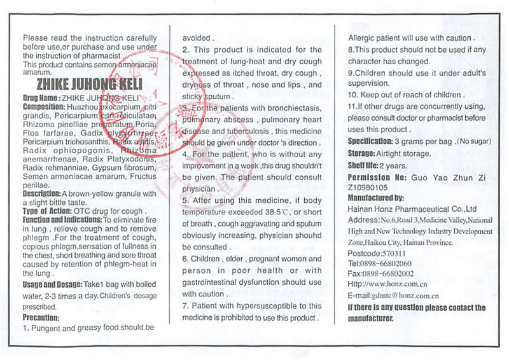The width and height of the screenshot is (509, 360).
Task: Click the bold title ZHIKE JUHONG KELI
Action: click(89, 84)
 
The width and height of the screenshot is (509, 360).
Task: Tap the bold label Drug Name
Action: click(40, 99)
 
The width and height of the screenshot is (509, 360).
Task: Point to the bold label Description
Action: click(41, 193)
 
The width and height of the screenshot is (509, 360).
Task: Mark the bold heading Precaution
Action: click(41, 317)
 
